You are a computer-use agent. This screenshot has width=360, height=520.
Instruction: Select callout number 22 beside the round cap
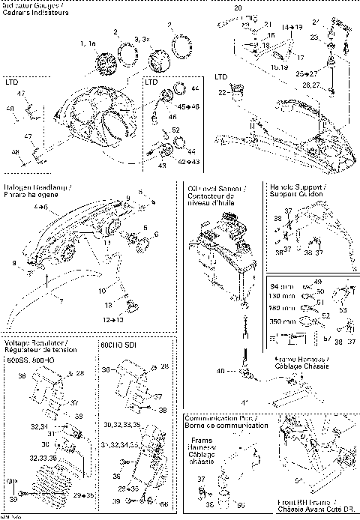coord(222,92)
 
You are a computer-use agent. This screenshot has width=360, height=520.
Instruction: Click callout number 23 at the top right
coord(315,36)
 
